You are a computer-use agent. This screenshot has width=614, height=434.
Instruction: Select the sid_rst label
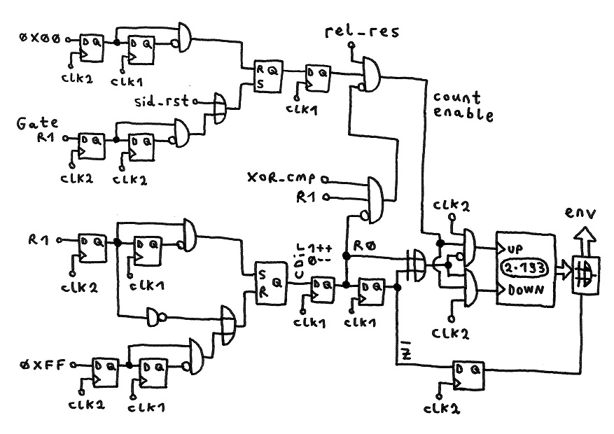[162, 102]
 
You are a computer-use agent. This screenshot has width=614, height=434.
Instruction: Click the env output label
[580, 210]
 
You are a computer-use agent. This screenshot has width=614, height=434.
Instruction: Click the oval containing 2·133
[524, 269]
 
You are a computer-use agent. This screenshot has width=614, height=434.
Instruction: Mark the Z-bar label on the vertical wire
[406, 355]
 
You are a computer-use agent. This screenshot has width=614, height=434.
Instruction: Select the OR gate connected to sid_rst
[220, 106]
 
